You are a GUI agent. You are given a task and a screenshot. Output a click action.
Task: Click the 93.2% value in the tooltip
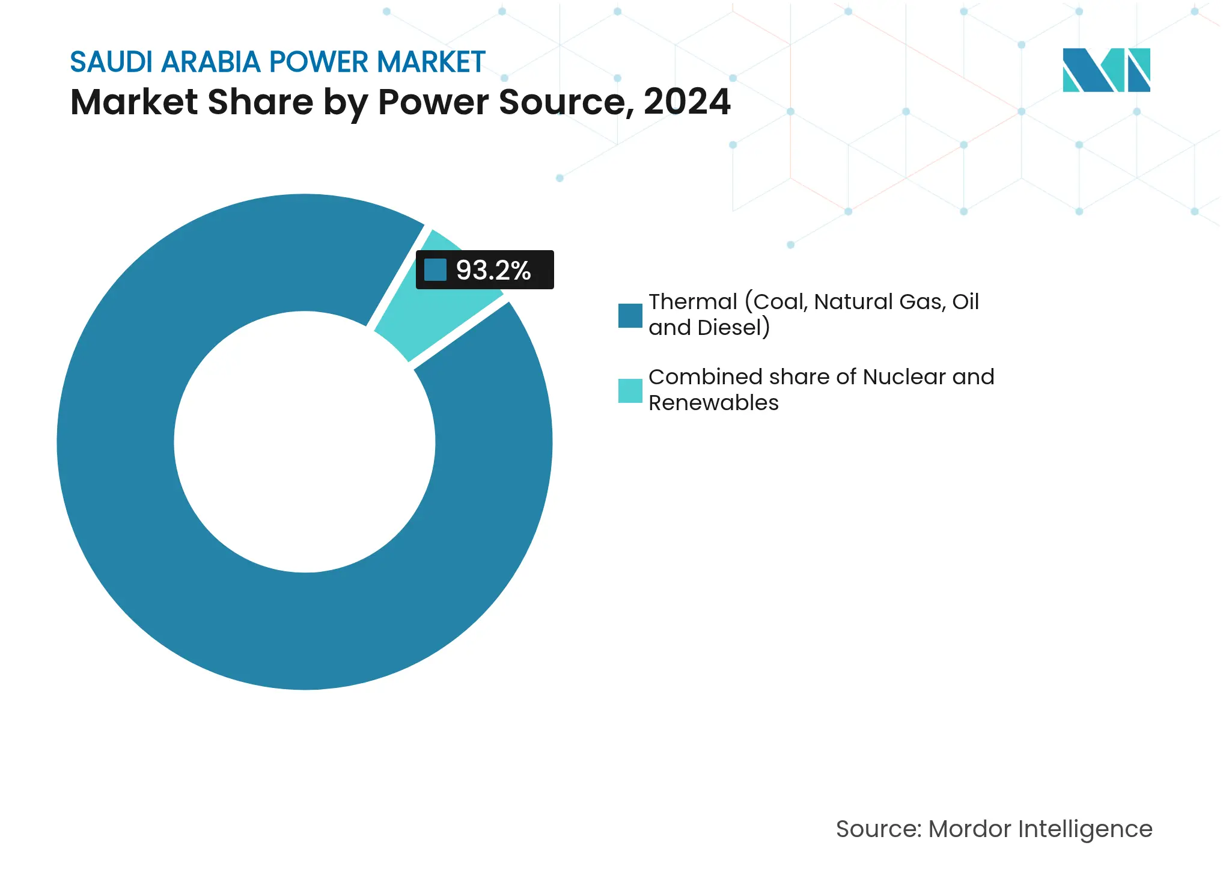493,270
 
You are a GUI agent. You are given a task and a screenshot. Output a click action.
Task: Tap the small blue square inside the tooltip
435,270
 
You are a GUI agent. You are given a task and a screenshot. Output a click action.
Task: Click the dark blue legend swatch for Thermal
630,316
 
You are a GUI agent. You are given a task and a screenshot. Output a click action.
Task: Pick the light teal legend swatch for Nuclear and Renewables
630,391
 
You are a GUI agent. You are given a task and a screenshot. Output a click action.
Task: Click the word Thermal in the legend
692,302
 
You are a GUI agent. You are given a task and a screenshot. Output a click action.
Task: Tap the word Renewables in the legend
713,403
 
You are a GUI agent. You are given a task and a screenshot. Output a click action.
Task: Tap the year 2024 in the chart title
686,102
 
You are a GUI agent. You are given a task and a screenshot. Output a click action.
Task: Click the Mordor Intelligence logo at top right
1106,70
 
